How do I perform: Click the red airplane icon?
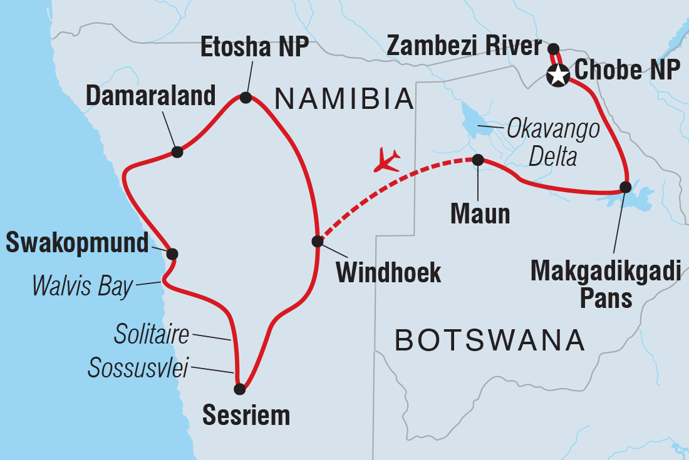pyautogui.click(x=386, y=160)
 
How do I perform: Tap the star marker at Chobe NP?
pyautogui.click(x=556, y=76)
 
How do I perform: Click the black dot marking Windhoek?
pyautogui.click(x=318, y=241)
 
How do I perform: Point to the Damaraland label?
pyautogui.click(x=150, y=96)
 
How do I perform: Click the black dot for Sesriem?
pyautogui.click(x=239, y=389)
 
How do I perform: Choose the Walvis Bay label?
pyautogui.click(x=83, y=287)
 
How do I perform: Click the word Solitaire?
pyautogui.click(x=151, y=335)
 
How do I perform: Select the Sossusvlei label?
pyautogui.click(x=138, y=369)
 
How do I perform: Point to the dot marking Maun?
pyautogui.click(x=477, y=160)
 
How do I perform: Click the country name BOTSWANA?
pyautogui.click(x=490, y=341)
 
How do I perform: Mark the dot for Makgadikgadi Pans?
pyautogui.click(x=625, y=187)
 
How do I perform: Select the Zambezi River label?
pyautogui.click(x=464, y=46)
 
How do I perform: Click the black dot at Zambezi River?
pyautogui.click(x=553, y=48)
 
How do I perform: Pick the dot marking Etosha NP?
pyautogui.click(x=246, y=97)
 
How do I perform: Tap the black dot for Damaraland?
pyautogui.click(x=177, y=151)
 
